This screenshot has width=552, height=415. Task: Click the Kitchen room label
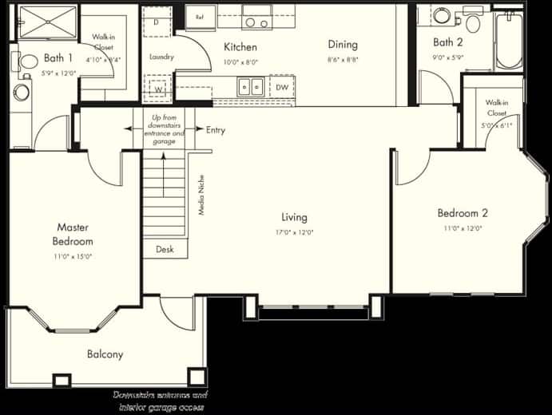point(240,47)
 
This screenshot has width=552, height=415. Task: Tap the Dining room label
point(342,45)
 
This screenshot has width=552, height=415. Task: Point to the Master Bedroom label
point(73,235)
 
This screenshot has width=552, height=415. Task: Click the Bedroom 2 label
point(462,213)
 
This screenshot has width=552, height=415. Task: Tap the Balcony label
point(105,354)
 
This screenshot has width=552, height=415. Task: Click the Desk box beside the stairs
point(165,249)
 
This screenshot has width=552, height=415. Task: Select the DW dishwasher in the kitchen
point(282,87)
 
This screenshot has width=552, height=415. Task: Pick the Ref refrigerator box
point(199,15)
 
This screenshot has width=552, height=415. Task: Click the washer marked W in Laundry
point(158,89)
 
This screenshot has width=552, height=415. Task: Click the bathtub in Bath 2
point(508,40)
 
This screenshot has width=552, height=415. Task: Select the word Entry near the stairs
point(216,130)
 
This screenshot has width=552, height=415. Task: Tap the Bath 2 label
point(448,42)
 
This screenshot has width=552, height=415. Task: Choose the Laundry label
point(161,57)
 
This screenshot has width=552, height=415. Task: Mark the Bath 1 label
point(58,58)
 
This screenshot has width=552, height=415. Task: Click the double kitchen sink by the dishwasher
point(252,86)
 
